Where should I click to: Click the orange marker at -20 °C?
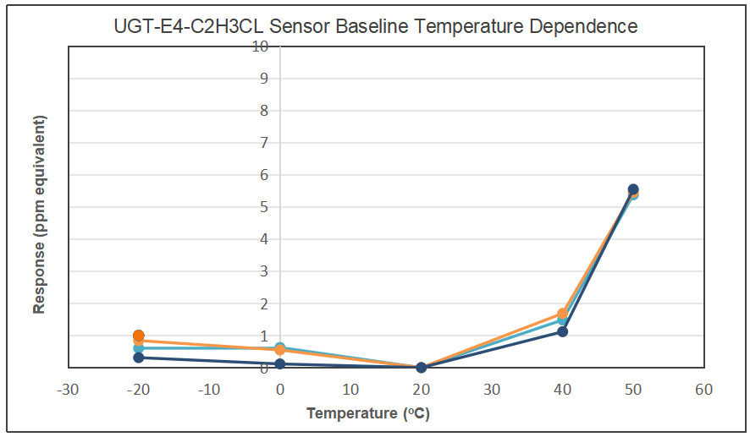(138, 336)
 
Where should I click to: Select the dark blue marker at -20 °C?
(138, 358)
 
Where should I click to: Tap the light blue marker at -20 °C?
(138, 348)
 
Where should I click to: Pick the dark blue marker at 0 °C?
(280, 364)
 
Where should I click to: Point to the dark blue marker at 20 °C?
(421, 368)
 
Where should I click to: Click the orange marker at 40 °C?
(562, 314)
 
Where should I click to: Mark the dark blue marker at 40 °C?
(562, 331)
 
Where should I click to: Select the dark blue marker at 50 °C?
(633, 189)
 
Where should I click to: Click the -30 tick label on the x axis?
(68, 390)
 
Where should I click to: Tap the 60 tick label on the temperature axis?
(703, 390)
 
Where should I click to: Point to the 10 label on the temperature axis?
(350, 390)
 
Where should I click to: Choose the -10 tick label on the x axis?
(209, 390)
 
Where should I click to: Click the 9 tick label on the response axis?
(264, 79)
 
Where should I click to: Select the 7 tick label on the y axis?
(264, 142)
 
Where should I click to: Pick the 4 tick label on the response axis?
(264, 239)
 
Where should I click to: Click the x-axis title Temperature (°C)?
(368, 413)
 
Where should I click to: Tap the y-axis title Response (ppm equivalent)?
(39, 215)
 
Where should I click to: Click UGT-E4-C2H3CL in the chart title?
(189, 26)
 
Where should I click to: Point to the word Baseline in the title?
(372, 26)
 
